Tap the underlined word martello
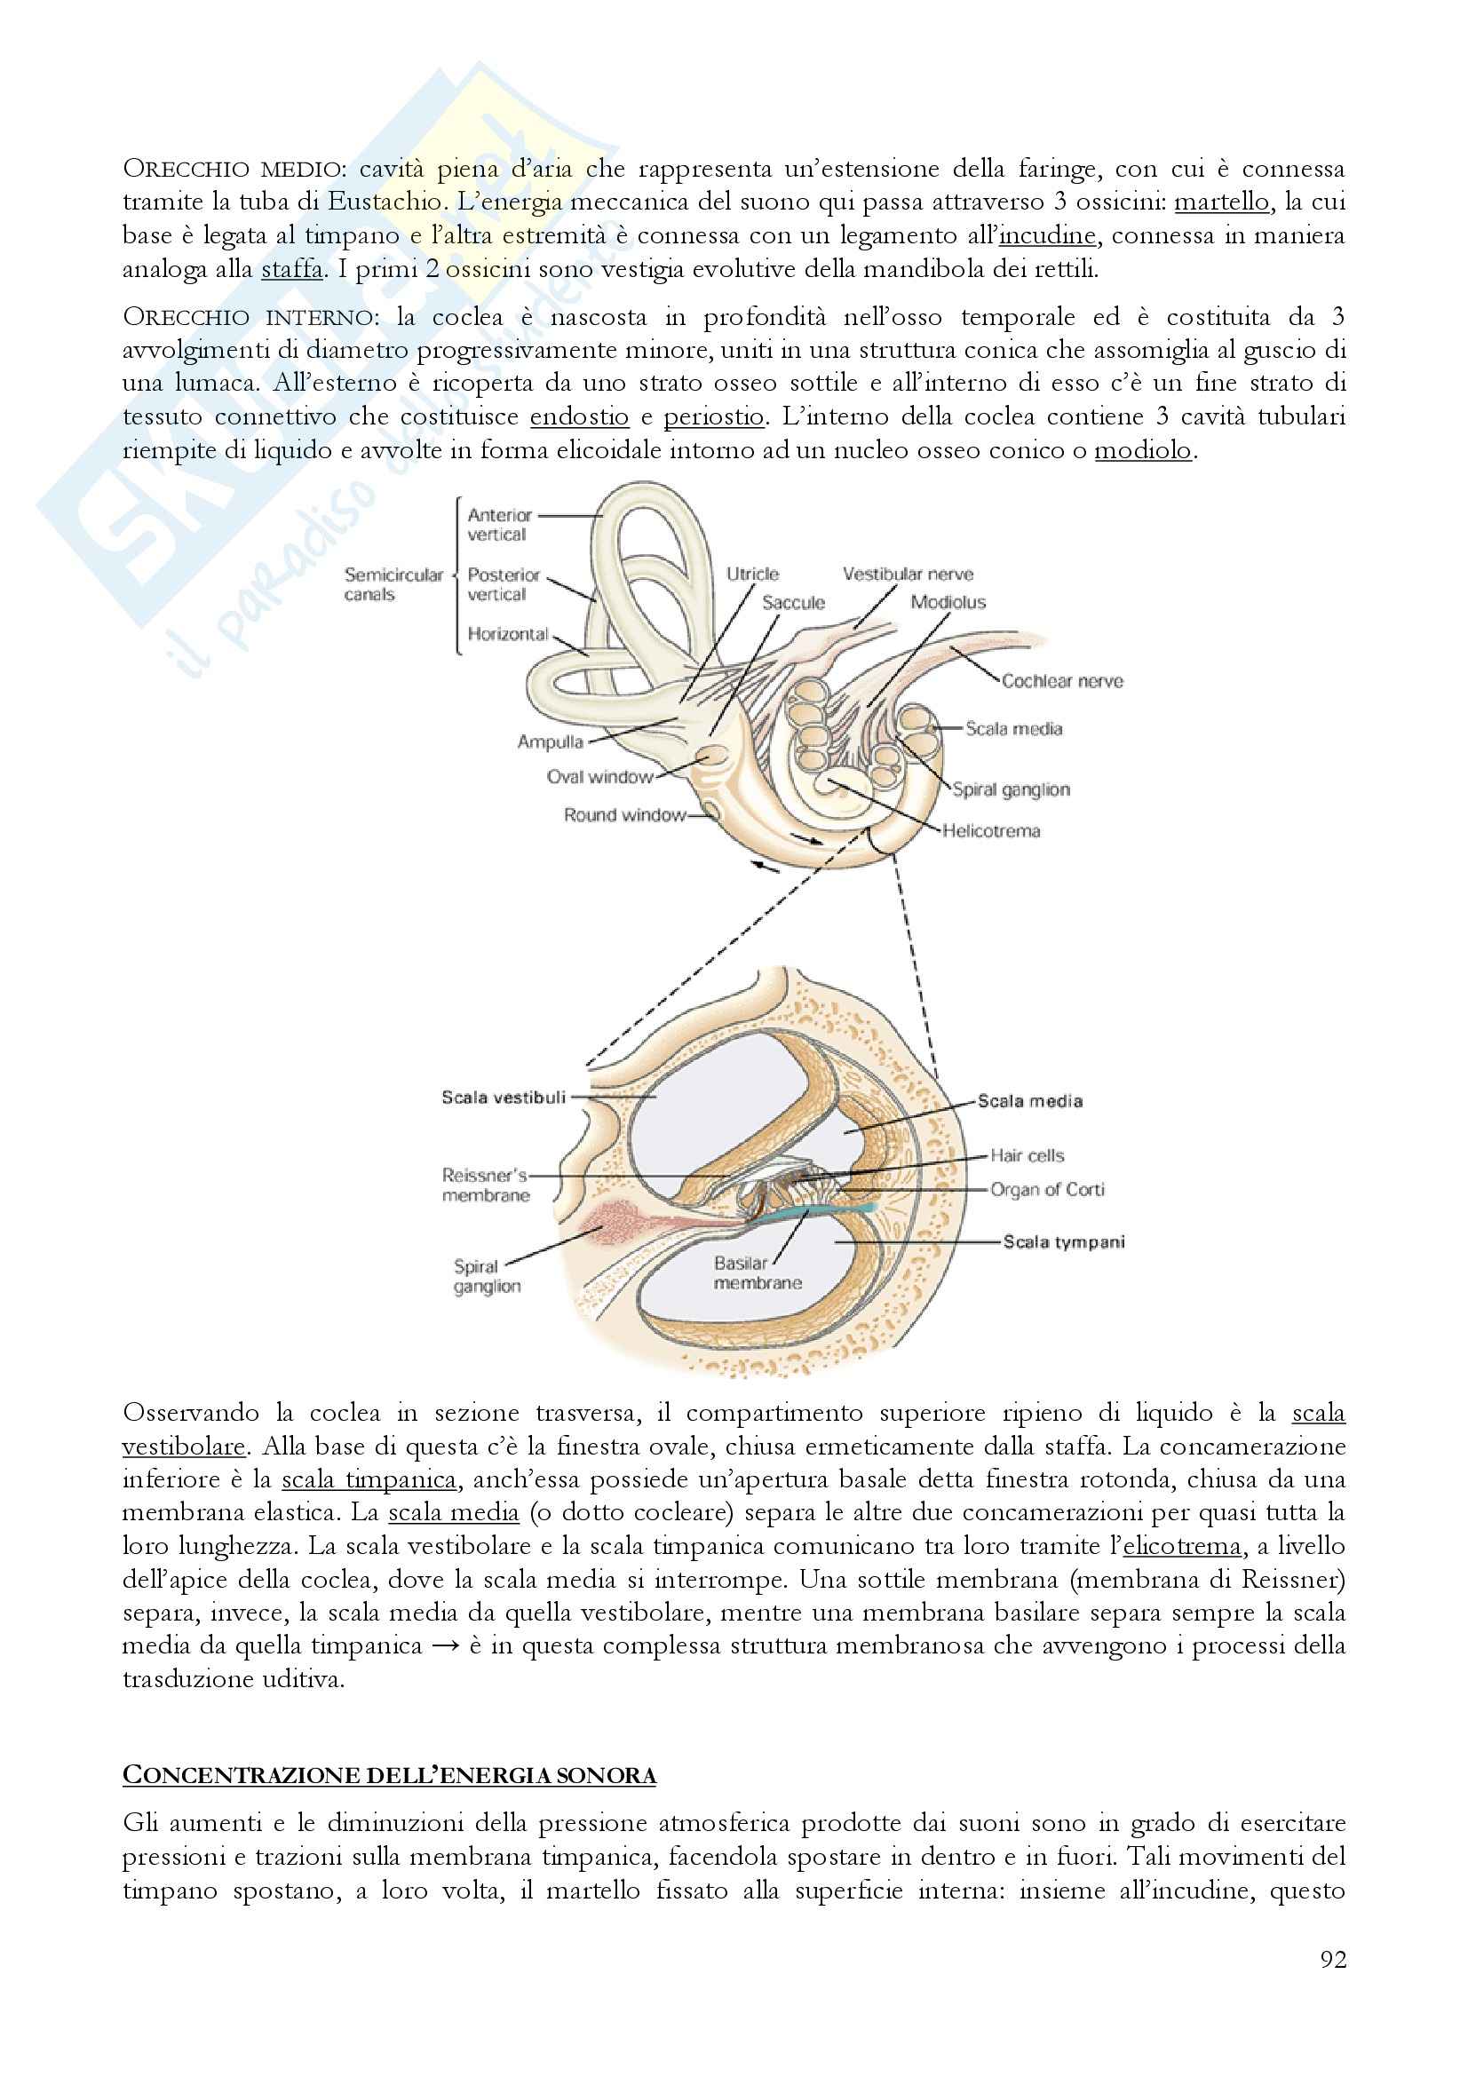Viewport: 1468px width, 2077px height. point(1221,201)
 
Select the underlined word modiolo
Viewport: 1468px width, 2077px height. point(1143,449)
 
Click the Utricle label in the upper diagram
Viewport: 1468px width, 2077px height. point(751,575)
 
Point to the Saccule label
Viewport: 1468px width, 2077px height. point(793,602)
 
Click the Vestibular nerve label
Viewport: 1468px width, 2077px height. point(908,575)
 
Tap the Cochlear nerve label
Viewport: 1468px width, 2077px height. point(1062,681)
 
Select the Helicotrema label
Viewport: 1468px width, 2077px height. point(991,830)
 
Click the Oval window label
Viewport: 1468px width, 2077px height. point(599,776)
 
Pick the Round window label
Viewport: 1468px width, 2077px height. point(624,815)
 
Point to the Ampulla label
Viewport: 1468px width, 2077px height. point(550,741)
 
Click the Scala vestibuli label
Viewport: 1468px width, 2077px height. point(503,1098)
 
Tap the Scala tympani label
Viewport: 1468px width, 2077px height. point(1064,1242)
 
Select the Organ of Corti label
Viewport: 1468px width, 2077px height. point(1047,1190)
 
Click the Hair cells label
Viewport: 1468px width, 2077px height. point(1027,1155)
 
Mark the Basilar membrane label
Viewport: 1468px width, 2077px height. point(757,1272)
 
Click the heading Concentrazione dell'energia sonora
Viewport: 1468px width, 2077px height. point(389,1776)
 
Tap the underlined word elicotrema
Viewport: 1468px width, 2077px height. point(1182,1546)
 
